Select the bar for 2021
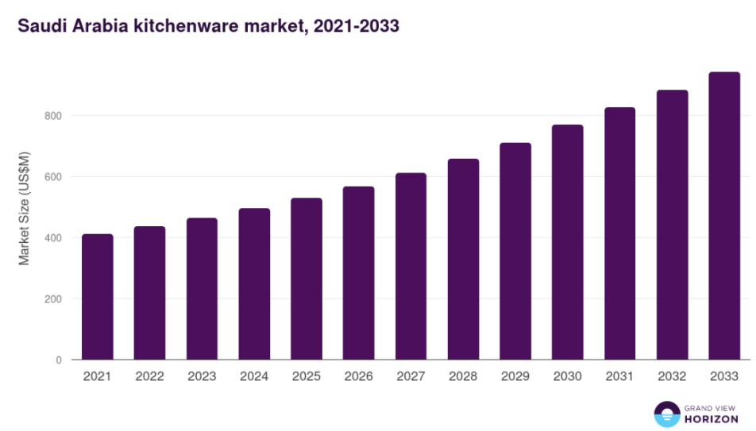click(98, 297)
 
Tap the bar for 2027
click(411, 266)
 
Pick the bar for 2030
click(567, 242)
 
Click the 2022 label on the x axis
click(149, 376)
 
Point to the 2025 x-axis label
click(306, 376)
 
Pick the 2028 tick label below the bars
click(462, 376)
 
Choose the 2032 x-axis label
click(672, 376)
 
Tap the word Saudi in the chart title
click(40, 26)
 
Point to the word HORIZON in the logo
click(712, 418)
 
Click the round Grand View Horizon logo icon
click(668, 414)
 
